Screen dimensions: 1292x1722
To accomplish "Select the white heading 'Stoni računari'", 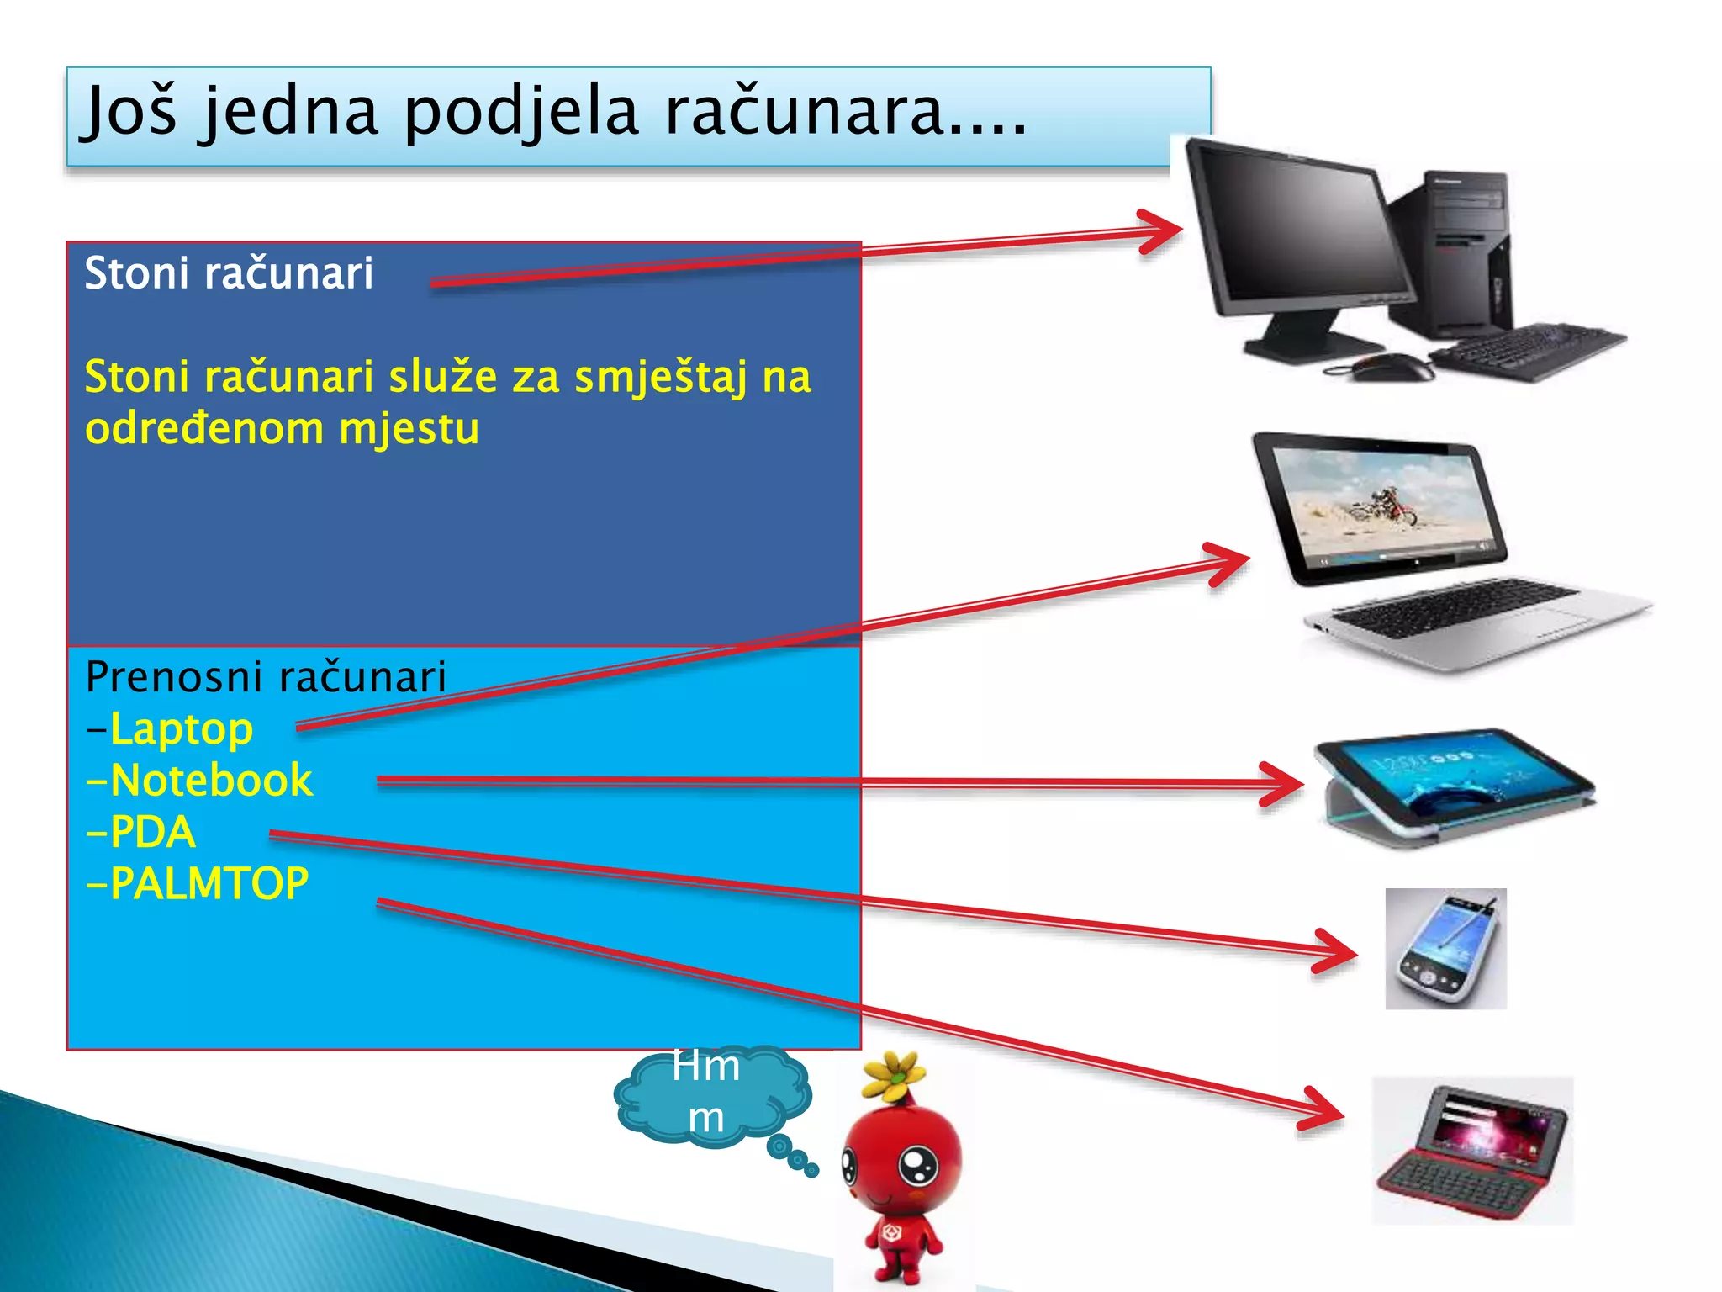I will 229,273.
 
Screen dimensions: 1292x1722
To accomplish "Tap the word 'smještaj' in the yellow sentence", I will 660,377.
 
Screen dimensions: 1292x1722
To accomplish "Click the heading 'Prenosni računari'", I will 266,677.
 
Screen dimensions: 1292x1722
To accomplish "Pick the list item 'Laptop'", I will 181,729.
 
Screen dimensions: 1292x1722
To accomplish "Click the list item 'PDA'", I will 152,833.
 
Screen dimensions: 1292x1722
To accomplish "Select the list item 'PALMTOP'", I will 209,884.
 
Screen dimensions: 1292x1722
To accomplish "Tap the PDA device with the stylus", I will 1445,949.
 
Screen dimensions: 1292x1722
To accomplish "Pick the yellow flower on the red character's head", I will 895,1074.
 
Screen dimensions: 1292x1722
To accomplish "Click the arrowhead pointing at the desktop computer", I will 1165,230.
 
